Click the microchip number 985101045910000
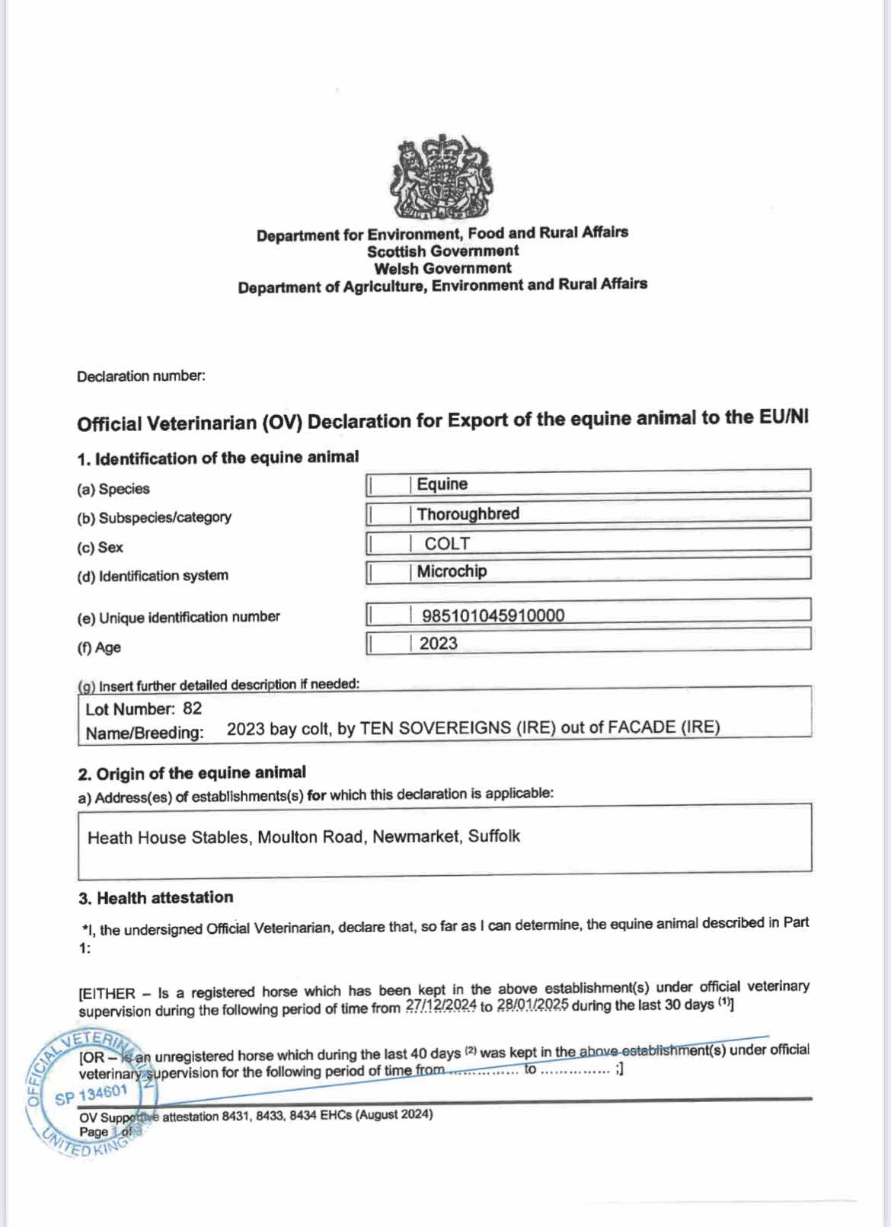point(493,615)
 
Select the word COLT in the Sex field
point(447,544)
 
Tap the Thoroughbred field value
point(468,514)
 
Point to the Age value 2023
point(438,644)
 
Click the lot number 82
point(192,709)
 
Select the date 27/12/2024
point(441,1006)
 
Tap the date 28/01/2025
point(532,1005)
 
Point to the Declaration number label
point(141,376)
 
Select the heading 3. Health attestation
point(156,898)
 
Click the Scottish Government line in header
point(442,251)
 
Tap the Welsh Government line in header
point(442,269)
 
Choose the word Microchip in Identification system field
point(452,571)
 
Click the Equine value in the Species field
point(442,484)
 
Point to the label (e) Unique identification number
point(178,618)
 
